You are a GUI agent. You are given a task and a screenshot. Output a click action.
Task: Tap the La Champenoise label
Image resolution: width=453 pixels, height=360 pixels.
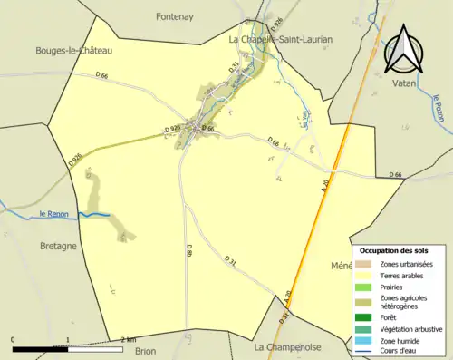click(288, 346)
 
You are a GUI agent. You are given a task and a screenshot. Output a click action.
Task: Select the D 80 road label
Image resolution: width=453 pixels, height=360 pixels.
click(189, 252)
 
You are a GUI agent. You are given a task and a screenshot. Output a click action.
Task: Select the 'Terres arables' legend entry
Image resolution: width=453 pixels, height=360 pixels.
click(402, 275)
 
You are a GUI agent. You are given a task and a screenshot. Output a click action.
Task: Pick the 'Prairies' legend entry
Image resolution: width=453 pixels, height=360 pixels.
click(393, 287)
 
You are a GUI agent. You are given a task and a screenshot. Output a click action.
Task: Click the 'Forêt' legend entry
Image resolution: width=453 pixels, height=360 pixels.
click(390, 316)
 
